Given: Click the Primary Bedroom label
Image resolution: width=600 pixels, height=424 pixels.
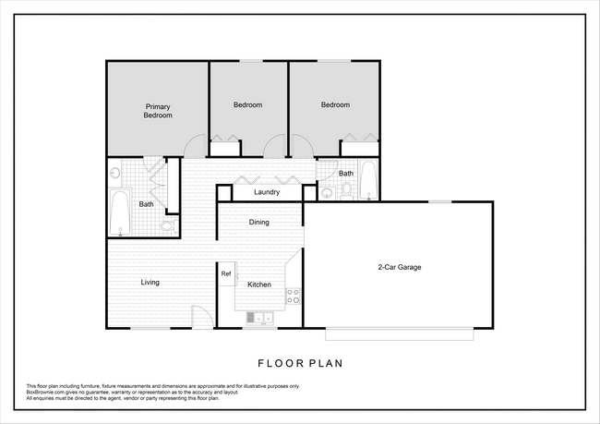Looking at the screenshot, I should [158, 111].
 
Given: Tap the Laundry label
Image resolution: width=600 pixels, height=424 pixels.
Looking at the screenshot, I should [267, 192].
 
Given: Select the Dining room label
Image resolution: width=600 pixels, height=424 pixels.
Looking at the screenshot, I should [259, 222].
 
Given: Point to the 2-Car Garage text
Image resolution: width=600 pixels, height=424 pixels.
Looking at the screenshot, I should [399, 267].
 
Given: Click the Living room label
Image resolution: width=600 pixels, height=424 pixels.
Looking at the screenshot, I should [150, 282].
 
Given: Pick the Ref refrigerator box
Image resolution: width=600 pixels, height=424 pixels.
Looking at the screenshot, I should [226, 273].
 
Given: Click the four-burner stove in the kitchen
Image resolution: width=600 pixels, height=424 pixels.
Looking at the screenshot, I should [294, 297].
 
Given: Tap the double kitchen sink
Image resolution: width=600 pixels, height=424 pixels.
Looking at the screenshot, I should [260, 319].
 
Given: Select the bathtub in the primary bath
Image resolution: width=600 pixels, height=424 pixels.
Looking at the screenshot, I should [119, 212].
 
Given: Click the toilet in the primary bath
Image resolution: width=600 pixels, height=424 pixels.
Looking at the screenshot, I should [167, 224].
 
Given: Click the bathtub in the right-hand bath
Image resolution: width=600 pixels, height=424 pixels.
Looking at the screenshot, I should [368, 180].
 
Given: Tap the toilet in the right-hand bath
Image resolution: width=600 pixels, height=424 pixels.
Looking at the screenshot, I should [346, 190].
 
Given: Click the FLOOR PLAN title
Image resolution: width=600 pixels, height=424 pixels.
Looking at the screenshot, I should [300, 363].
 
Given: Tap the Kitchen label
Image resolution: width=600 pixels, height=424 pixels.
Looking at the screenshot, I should [259, 285].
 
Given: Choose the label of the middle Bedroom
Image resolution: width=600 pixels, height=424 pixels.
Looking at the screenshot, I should [247, 105].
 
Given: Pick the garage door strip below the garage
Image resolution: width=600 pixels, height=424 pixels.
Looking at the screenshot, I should [399, 333].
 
